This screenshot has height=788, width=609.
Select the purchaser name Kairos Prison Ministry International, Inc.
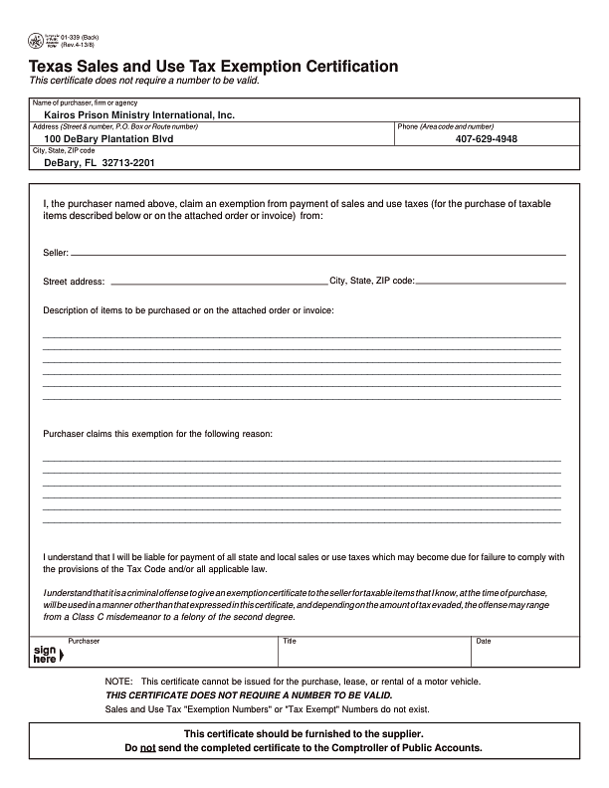(139, 115)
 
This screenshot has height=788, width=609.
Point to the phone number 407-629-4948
(487, 139)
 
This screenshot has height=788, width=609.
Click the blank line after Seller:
(318, 254)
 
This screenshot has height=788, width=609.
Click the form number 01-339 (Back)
(80, 37)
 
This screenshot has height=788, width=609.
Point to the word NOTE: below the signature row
(118, 682)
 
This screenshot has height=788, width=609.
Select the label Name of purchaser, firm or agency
(85, 102)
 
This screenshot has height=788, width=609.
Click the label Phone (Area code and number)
(445, 126)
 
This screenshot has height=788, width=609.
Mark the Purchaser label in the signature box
(84, 641)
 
